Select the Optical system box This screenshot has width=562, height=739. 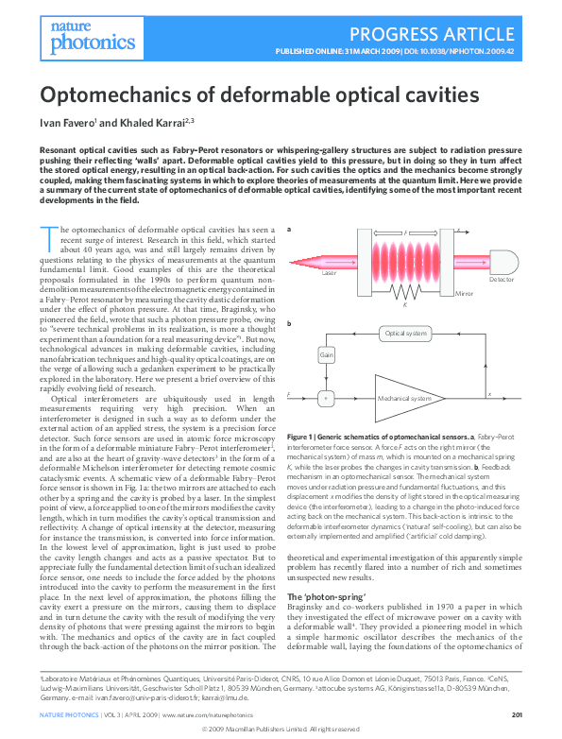coord(407,333)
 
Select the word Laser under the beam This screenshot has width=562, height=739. coord(329,273)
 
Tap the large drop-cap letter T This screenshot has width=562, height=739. coord(48,237)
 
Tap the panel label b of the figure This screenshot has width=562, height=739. coord(289,324)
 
